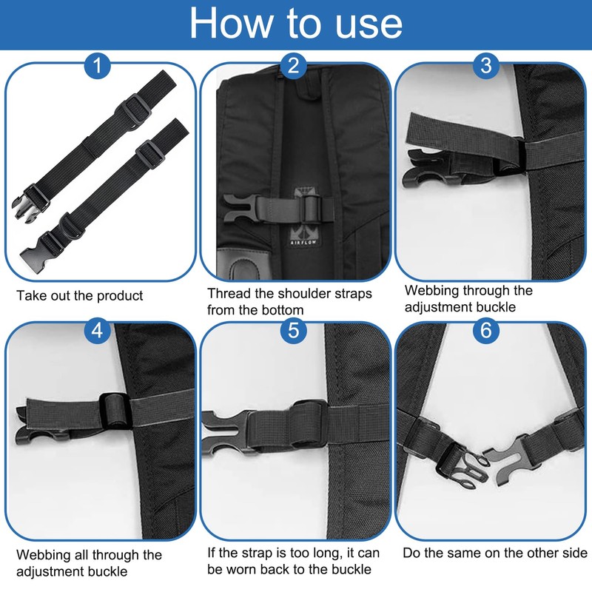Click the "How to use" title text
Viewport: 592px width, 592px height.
tap(295, 24)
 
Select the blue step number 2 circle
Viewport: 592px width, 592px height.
tap(294, 67)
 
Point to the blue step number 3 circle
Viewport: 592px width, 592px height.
tap(485, 67)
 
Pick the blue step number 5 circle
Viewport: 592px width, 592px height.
tap(294, 330)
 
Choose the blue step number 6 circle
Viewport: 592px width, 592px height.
tap(485, 330)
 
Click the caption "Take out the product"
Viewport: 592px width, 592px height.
tap(80, 296)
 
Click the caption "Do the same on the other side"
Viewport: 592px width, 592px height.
tap(494, 554)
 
